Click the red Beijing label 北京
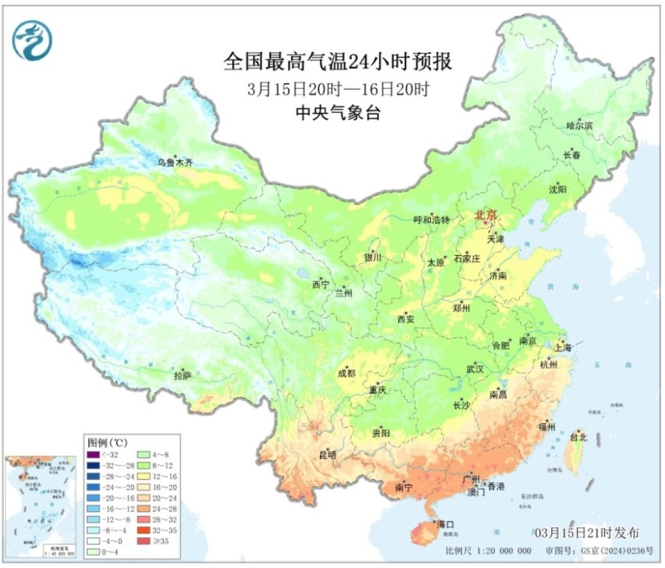[486, 216]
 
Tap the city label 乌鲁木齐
[174, 163]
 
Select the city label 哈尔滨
[579, 126]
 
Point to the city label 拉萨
[182, 377]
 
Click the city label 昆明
[327, 456]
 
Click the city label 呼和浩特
[432, 220]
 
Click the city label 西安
[406, 319]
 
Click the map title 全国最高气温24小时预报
[337, 62]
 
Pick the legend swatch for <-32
[92, 455]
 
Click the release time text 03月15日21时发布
[587, 532]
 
